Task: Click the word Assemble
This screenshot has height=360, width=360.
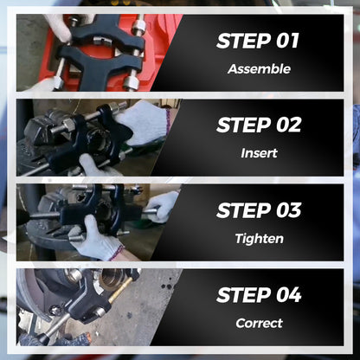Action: (259, 69)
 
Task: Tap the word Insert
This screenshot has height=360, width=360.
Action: (259, 153)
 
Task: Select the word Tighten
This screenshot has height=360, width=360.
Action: (259, 239)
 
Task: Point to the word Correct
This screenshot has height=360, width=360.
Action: (259, 323)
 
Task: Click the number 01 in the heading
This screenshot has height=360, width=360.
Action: (287, 41)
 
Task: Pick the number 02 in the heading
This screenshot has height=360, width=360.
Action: (289, 125)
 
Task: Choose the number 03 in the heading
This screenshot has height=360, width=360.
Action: (289, 210)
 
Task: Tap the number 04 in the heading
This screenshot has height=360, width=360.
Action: (289, 295)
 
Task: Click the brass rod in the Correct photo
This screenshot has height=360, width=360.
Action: (120, 290)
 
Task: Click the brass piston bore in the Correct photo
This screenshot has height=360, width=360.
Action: (112, 279)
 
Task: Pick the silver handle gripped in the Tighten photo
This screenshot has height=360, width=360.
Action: (148, 213)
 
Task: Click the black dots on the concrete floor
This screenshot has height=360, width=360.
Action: (167, 286)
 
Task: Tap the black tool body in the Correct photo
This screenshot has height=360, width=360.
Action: (87, 300)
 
